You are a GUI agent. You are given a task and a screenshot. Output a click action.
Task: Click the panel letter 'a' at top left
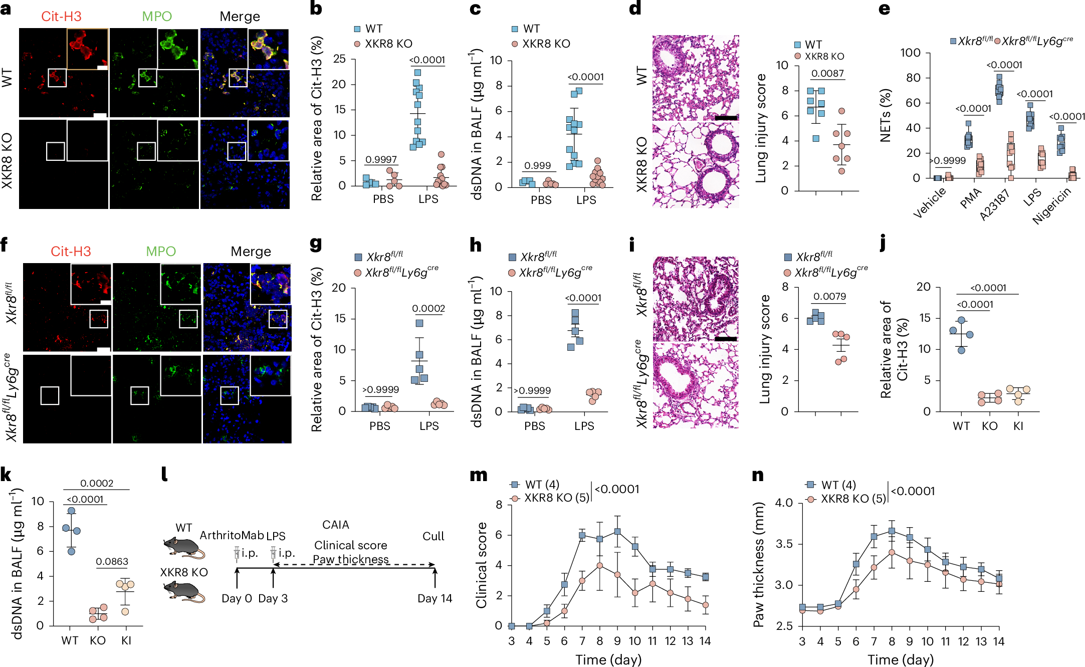click(6, 9)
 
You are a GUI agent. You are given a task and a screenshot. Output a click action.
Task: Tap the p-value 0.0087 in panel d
click(827, 74)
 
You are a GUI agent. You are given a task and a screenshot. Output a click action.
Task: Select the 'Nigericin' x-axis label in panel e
click(1051, 205)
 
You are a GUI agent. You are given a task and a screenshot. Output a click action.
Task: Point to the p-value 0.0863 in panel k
click(112, 562)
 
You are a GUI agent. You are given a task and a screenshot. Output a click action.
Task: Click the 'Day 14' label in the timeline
click(435, 598)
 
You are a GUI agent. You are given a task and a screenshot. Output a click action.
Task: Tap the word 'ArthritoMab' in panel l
click(232, 535)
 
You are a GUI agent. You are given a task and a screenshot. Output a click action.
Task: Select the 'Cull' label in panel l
click(433, 536)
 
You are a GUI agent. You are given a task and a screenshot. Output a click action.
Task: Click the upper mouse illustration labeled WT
click(183, 548)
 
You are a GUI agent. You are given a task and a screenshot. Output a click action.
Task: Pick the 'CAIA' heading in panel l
click(335, 525)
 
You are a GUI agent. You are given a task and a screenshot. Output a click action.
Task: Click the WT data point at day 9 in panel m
click(617, 531)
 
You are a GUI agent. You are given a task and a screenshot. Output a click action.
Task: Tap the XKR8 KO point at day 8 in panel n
click(892, 552)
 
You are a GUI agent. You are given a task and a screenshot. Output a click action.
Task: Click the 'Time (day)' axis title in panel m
click(608, 659)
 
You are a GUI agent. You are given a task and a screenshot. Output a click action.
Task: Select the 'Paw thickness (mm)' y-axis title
click(758, 564)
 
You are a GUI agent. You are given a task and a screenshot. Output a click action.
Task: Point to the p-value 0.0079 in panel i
click(829, 296)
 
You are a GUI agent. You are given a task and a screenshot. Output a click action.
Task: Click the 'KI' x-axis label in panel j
click(1018, 426)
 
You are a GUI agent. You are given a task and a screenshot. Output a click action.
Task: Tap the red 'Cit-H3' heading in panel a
click(61, 17)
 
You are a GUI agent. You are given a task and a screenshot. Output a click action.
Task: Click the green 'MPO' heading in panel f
click(160, 251)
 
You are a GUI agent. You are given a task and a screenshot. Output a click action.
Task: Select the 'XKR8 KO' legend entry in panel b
click(388, 44)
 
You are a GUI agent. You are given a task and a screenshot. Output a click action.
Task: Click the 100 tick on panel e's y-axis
click(910, 53)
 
